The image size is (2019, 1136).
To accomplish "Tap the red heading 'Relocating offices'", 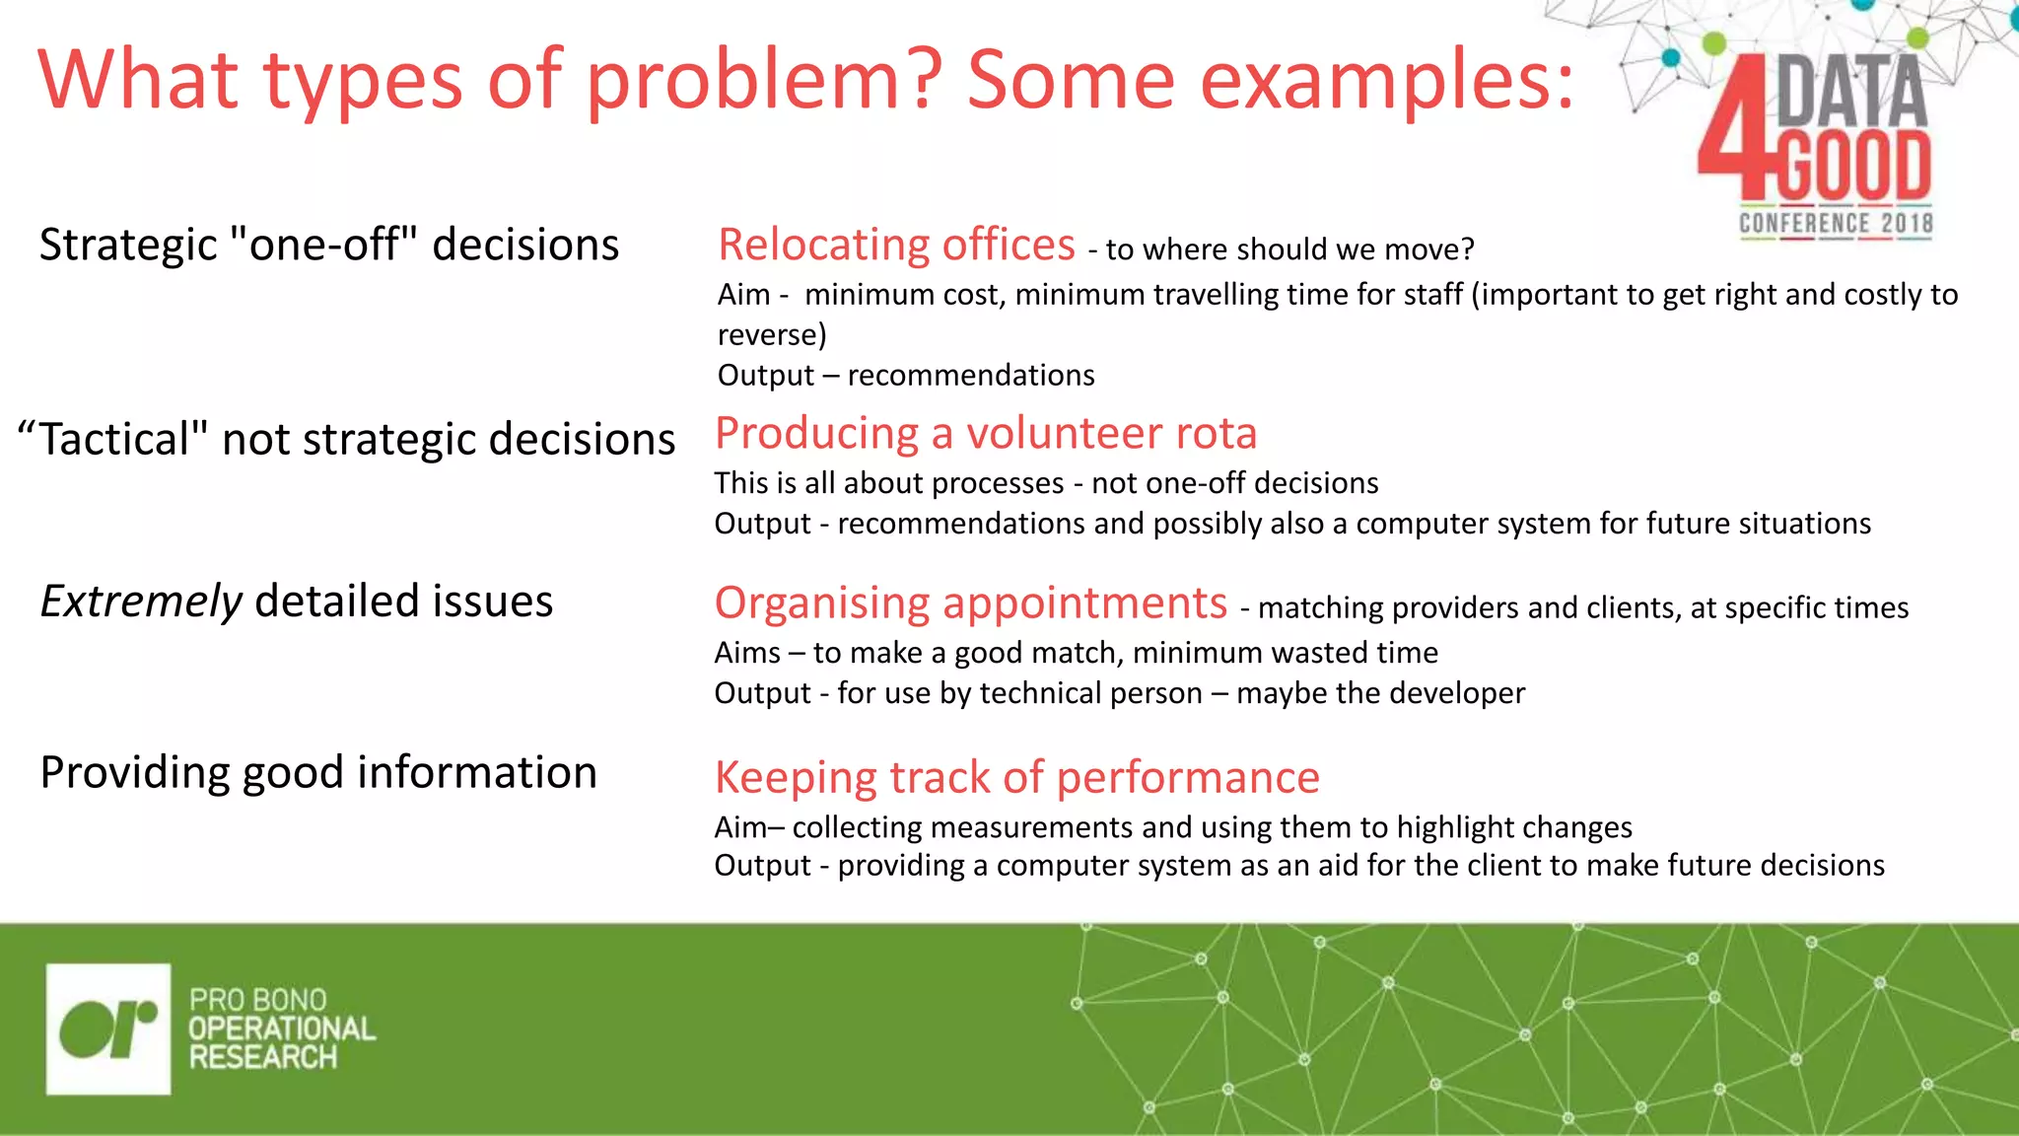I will coord(896,245).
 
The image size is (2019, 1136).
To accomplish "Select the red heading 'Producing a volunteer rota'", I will coord(985,434).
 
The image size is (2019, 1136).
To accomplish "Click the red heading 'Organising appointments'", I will coord(970,603).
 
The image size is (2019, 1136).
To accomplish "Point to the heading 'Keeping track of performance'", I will coord(1016,777).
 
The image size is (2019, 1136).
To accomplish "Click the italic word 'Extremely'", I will coord(141,602).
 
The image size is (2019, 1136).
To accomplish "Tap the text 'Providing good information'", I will coord(318,772).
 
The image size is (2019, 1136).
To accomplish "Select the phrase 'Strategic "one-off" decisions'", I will coord(329,245).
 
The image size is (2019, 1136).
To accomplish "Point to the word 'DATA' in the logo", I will coord(1851,91).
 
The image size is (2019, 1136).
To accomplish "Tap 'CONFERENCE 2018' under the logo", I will coord(1835,224).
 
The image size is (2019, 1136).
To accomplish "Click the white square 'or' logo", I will coord(108,1029).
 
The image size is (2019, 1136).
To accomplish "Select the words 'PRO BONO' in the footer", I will coord(257,1000).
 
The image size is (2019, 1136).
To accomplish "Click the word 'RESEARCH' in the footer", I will coord(263,1057).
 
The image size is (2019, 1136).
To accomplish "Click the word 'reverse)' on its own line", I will coord(772,335).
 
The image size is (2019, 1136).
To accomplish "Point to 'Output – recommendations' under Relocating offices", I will coord(905,376).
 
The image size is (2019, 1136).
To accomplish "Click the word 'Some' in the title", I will coord(1070,81).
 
